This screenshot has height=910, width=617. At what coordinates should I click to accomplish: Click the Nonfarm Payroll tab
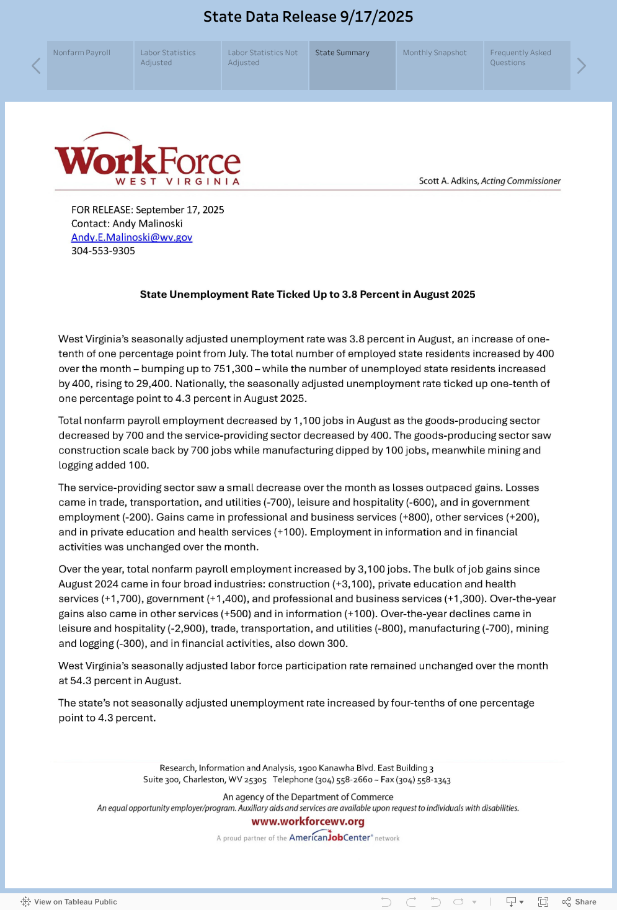[x=90, y=65]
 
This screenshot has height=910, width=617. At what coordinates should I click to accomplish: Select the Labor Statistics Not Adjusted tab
[x=265, y=65]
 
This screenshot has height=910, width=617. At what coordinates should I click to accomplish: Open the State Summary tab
[x=352, y=65]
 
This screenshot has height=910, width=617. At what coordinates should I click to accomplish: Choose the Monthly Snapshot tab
[x=440, y=65]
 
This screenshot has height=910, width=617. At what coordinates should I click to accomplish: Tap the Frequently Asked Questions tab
[x=527, y=65]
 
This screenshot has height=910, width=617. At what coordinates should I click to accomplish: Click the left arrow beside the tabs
[x=36, y=66]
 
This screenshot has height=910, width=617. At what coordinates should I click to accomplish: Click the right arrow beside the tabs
[x=581, y=66]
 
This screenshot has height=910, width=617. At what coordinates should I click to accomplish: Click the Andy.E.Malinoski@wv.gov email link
[x=131, y=238]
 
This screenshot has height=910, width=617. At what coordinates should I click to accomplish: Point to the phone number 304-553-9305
[x=103, y=251]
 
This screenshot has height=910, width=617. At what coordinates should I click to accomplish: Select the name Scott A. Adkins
[x=448, y=181]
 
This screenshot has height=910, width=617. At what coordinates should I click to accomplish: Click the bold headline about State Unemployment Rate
[x=308, y=295]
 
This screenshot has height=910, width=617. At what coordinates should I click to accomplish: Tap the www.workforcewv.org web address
[x=308, y=822]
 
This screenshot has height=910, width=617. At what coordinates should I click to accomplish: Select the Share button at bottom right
[x=579, y=902]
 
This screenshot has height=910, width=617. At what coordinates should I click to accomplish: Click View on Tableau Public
[x=69, y=902]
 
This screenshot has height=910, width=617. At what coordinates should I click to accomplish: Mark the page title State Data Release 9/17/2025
[x=308, y=17]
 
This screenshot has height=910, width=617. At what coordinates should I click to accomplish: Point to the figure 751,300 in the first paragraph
[x=233, y=369]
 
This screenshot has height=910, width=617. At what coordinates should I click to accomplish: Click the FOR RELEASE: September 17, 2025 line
[x=148, y=210]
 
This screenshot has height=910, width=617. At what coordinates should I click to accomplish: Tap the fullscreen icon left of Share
[x=543, y=902]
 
